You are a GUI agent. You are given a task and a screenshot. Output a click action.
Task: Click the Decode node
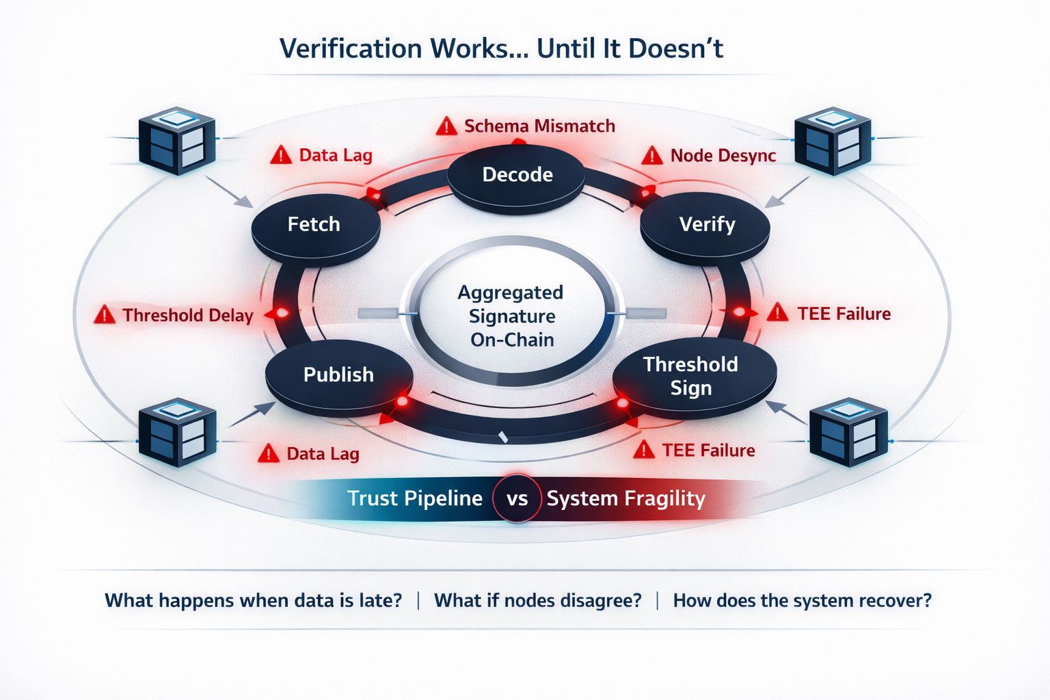[x=517, y=175]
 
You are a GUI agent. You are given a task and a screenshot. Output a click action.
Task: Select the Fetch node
[x=314, y=226]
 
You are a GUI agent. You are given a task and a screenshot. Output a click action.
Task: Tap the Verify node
[x=707, y=225]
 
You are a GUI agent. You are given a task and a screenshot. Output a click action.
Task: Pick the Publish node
[x=338, y=375]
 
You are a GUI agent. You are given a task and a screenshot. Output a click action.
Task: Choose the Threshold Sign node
[x=692, y=377]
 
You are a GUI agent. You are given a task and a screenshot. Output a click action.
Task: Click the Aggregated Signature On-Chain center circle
[x=511, y=316]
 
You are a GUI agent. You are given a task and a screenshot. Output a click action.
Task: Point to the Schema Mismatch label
[x=539, y=126]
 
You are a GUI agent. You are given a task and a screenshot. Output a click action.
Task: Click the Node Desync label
[x=723, y=156]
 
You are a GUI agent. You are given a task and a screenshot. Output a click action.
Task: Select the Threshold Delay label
[x=187, y=316]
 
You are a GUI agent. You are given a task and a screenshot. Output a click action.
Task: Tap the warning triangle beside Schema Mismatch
[x=446, y=126]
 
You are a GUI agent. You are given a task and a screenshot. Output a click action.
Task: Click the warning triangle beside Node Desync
[x=652, y=156]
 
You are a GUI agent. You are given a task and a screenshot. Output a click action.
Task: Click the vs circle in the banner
[x=517, y=498]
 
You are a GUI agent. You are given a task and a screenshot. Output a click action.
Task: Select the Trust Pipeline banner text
[x=414, y=498]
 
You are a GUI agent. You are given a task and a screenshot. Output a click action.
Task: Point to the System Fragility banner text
[x=625, y=498]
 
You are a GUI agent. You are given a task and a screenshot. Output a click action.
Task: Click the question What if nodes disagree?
[x=538, y=601]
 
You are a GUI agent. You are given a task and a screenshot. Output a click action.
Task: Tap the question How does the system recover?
[x=802, y=601]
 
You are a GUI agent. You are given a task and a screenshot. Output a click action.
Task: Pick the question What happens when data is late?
[x=253, y=601]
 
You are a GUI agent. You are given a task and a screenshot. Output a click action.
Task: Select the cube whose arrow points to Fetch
[x=176, y=141]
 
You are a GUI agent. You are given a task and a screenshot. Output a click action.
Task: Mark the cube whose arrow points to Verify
[x=833, y=141]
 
